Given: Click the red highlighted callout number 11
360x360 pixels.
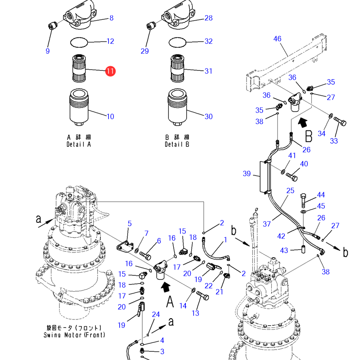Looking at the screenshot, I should click(x=110, y=71).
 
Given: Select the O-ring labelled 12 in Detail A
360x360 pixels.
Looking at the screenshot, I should click(x=79, y=42).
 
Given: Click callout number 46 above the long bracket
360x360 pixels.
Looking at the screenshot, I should click(x=277, y=39).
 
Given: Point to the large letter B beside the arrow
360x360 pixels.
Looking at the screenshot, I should click(x=309, y=135).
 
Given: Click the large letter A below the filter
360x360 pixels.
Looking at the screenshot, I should click(x=170, y=302).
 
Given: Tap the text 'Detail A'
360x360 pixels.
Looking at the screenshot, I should click(x=79, y=145).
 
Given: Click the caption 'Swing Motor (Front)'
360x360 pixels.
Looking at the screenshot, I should click(x=74, y=335).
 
